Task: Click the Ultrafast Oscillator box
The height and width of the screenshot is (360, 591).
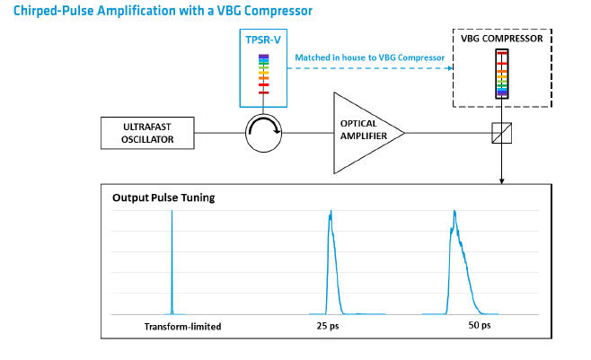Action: [x=147, y=133]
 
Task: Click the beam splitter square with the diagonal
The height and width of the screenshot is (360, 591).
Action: [x=502, y=133]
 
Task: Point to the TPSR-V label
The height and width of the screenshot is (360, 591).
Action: [x=263, y=40]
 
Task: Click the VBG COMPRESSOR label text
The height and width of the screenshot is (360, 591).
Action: [x=502, y=39]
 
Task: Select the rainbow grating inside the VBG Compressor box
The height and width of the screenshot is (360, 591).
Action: [x=502, y=75]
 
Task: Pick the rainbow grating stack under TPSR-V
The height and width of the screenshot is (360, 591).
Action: [x=263, y=75]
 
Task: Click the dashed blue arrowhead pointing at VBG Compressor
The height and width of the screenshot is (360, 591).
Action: [x=449, y=68]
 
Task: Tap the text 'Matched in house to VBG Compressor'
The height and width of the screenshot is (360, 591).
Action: [x=369, y=57]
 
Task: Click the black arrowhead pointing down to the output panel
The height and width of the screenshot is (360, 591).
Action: [x=502, y=181]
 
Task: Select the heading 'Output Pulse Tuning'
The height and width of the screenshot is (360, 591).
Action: [x=163, y=198]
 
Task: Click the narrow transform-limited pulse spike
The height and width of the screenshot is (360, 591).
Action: [x=172, y=262]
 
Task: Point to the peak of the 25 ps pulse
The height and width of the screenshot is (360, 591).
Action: [x=331, y=211]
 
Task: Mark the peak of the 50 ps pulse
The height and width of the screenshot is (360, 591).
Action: [x=454, y=211]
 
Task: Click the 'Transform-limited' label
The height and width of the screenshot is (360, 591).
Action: [x=183, y=327]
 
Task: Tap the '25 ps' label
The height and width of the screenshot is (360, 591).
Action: [x=328, y=326]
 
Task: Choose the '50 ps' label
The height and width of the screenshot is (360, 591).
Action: [x=480, y=325]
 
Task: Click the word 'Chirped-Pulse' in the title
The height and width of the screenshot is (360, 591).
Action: [x=53, y=11]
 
